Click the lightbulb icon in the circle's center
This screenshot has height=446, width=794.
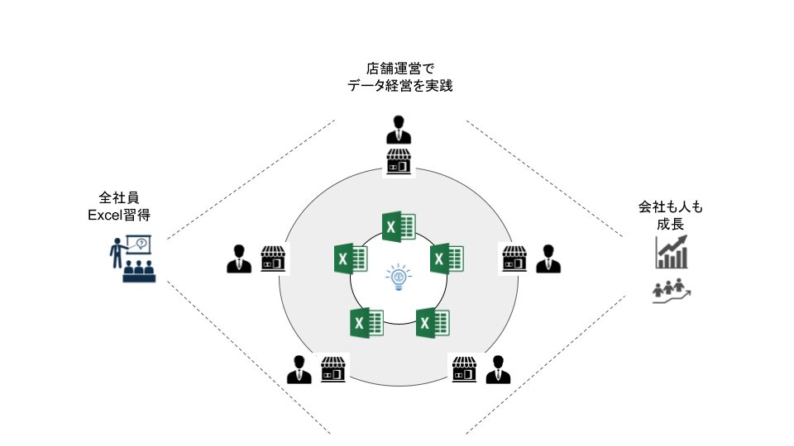(398, 277)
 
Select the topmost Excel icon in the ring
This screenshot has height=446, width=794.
(399, 226)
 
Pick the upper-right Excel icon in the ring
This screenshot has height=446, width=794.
(447, 259)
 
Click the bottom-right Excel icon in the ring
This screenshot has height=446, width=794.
(432, 321)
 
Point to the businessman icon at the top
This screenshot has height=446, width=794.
(399, 130)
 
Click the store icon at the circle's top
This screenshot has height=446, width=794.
(399, 162)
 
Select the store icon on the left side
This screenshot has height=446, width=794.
(273, 259)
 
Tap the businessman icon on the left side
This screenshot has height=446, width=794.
(239, 259)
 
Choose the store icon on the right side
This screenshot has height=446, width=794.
(514, 259)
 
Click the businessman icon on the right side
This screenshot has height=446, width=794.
(548, 259)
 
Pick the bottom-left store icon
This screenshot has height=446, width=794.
(332, 369)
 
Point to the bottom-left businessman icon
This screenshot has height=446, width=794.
(299, 369)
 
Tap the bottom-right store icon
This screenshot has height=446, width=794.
(464, 369)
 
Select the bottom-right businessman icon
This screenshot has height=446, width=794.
(497, 369)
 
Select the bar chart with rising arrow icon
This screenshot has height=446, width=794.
(672, 252)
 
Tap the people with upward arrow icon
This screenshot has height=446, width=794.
(672, 291)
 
